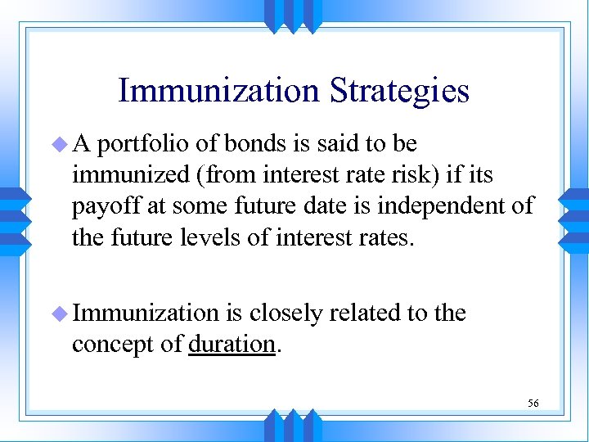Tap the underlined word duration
231,345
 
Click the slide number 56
533,403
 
